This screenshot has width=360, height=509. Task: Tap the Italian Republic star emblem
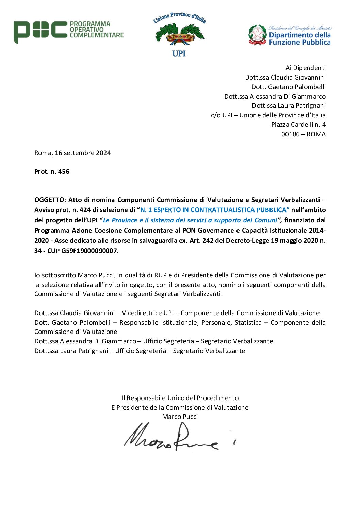coord(258,34)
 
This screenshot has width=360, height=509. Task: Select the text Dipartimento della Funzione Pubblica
coord(299,39)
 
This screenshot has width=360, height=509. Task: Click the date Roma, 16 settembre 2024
coord(72,153)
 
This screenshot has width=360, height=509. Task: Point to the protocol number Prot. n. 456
coord(52,172)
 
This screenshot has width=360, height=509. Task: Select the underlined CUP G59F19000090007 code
coord(83,251)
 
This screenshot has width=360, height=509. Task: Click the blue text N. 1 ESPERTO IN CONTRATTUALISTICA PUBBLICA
coord(215,210)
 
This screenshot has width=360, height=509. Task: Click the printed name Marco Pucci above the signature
coord(180,417)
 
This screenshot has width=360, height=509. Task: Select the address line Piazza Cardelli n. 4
coord(298,125)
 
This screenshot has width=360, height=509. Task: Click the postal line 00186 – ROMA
coord(303,134)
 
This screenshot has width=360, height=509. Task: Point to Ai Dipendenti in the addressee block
coord(305,68)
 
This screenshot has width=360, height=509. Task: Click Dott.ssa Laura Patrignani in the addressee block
coord(289,106)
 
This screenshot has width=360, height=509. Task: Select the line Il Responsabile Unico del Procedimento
coord(180,398)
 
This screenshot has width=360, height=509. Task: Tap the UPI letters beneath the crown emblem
coord(179,54)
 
